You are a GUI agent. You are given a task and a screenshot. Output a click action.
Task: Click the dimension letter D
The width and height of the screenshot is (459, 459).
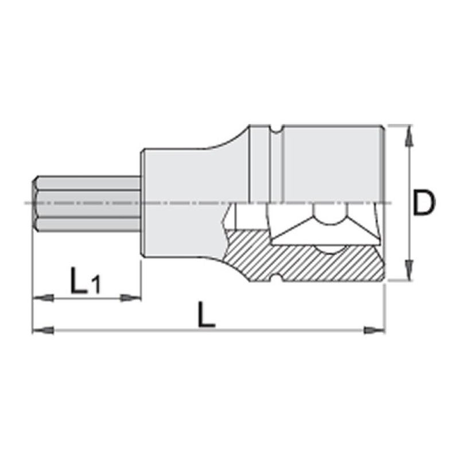[423, 204]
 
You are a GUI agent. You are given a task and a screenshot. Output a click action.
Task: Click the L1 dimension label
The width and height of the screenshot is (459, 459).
[84, 281]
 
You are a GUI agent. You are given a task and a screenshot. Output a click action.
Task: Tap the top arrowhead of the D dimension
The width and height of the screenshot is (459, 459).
[408, 133]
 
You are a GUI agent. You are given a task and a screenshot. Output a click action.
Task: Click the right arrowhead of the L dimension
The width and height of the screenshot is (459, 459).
[375, 330]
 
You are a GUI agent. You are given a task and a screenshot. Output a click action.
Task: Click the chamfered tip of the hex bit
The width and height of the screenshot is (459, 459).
[35, 204]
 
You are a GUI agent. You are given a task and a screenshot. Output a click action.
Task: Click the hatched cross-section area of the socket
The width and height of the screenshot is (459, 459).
[310, 261]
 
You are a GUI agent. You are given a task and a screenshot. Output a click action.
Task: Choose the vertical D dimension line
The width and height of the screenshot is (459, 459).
[408, 172]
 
